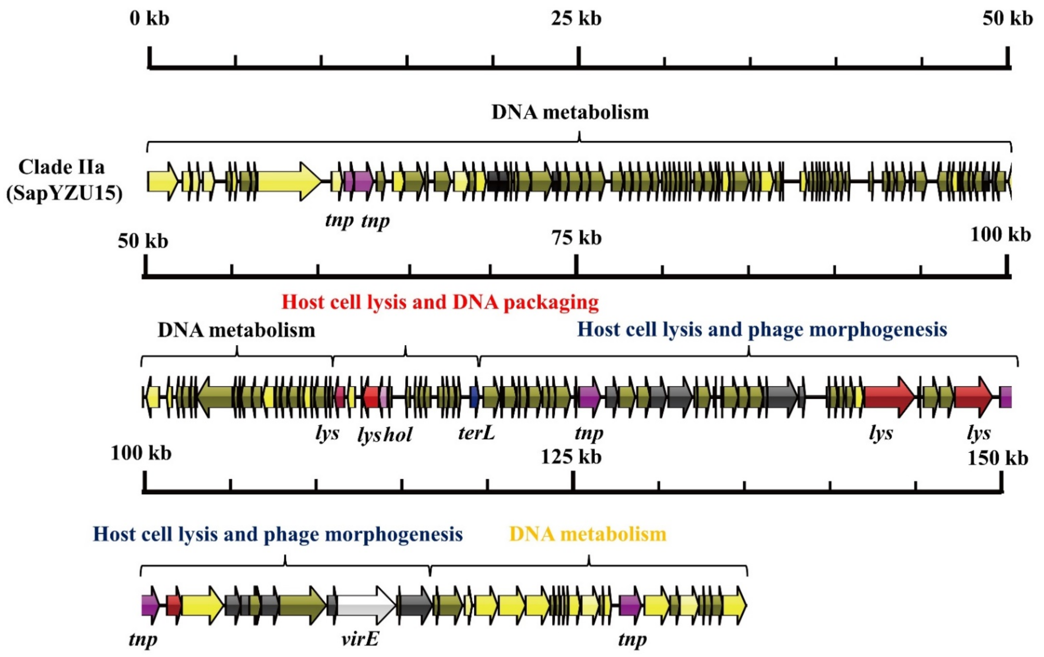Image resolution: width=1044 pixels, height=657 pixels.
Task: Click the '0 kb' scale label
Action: [x=149, y=19]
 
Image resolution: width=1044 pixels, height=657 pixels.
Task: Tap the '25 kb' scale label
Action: [x=576, y=19]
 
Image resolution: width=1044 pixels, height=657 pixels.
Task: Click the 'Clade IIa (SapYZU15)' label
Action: [x=63, y=180]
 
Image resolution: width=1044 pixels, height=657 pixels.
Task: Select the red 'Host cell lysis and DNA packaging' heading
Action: [x=440, y=302]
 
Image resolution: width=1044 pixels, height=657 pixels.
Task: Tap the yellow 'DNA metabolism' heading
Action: [x=588, y=534]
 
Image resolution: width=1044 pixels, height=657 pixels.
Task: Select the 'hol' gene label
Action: [x=397, y=434]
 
